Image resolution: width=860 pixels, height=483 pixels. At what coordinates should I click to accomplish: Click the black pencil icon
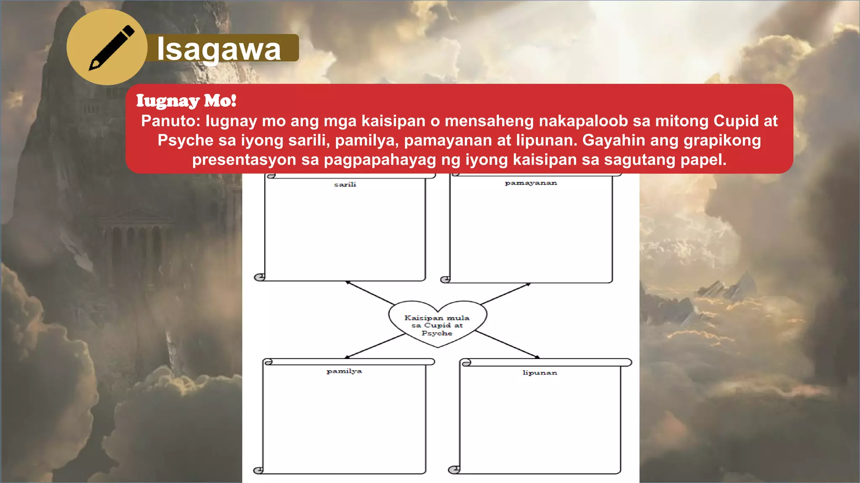click(x=111, y=47)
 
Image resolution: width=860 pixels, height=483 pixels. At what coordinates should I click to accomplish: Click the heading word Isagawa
click(x=219, y=49)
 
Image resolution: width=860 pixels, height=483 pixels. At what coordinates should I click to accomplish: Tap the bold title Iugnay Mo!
click(x=186, y=101)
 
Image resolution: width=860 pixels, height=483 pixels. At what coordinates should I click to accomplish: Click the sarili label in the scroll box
click(x=345, y=184)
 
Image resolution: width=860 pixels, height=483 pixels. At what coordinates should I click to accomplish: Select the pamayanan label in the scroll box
click(x=531, y=183)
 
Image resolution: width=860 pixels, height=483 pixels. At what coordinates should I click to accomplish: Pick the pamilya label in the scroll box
click(x=344, y=371)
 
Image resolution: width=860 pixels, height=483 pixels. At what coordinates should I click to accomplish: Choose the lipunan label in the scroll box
click(x=540, y=373)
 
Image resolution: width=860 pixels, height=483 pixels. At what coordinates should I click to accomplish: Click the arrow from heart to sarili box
click(x=370, y=293)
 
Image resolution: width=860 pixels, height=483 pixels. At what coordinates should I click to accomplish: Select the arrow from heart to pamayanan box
click(x=506, y=293)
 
